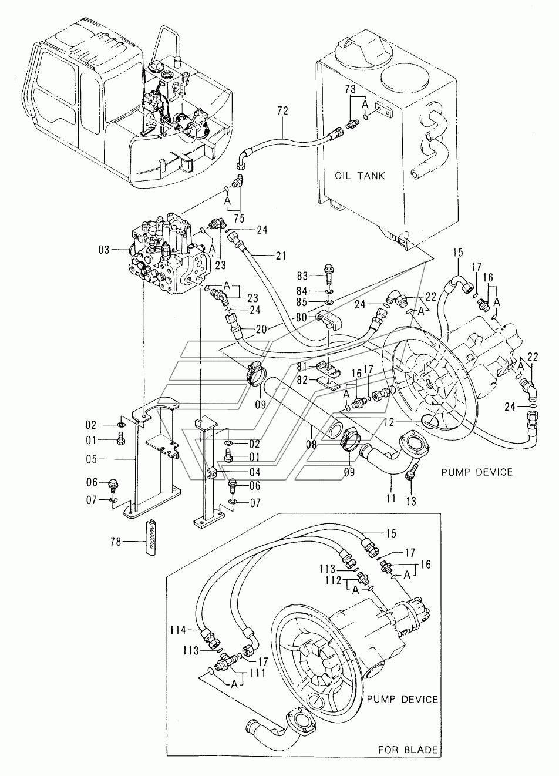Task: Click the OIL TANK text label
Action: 360,176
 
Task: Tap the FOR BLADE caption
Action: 408,759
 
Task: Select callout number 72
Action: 282,111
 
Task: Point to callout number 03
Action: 103,250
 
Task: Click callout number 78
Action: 116,541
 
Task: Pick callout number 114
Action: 179,630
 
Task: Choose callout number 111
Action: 257,673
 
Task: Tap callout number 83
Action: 302,276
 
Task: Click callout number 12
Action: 389,422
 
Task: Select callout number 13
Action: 411,501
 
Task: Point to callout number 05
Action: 92,459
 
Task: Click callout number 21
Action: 281,256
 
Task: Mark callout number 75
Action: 239,219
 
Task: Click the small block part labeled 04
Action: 213,472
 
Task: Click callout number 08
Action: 311,444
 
